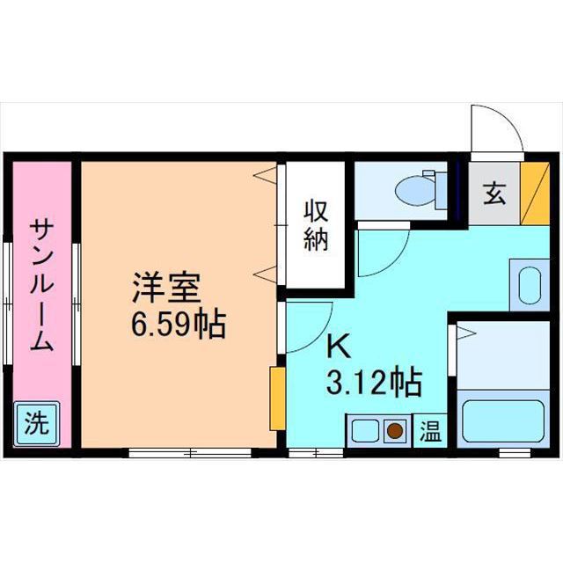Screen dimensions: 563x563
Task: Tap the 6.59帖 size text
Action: pos(179,325)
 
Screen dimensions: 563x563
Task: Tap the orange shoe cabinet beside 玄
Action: pos(531,194)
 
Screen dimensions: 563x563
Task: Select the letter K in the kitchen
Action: pos(338,346)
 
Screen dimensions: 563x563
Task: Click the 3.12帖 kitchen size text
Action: pos(373,383)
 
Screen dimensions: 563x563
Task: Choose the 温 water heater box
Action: pos(429,431)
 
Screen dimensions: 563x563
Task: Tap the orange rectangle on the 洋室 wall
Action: pos(277,398)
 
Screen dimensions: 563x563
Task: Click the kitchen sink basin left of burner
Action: pos(363,431)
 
